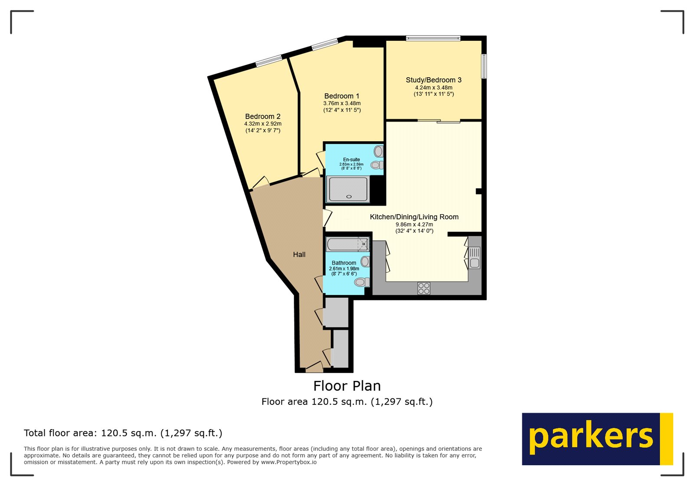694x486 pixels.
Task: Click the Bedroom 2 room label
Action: pos(263,116)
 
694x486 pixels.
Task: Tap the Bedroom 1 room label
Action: pos(342,96)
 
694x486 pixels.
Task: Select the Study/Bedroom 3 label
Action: pos(433,80)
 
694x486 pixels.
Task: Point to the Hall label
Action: pos(299,255)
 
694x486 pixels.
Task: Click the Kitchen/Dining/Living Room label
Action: pos(414,217)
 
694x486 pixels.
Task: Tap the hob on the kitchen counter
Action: pos(424,288)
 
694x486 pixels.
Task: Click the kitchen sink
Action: pos(475,258)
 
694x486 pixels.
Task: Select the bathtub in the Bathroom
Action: pos(347,244)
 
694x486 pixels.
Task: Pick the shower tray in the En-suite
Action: pos(348,189)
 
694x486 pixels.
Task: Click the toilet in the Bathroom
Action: pos(362,282)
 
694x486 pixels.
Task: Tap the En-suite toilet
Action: pos(377,165)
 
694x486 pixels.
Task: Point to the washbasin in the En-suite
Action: pos(379,151)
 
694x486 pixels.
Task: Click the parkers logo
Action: pos(597,439)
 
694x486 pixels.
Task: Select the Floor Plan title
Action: pos(347,386)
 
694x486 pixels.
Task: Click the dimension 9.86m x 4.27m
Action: pos(414,224)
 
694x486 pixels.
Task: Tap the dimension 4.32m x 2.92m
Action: pos(263,124)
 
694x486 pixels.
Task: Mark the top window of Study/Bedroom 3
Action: pos(433,38)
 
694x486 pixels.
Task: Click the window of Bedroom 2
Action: pos(268,61)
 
